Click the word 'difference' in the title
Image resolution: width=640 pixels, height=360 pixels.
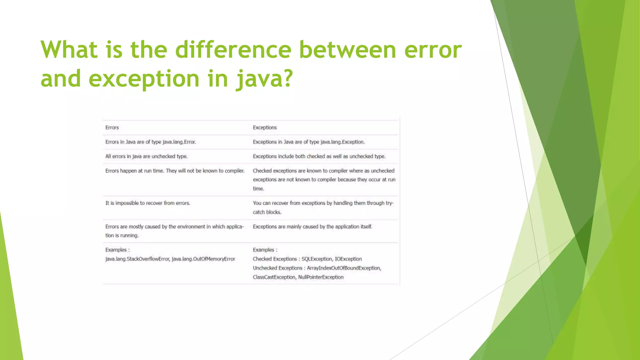click(233, 50)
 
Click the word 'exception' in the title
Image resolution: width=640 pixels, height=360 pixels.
click(144, 79)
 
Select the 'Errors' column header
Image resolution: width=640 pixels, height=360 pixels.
click(112, 127)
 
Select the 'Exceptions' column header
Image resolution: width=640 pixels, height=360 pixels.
click(265, 127)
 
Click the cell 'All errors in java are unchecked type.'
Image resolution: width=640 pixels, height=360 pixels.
click(146, 156)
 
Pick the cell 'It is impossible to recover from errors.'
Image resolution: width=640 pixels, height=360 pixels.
click(147, 203)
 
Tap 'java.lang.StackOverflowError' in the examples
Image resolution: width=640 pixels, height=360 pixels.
click(137, 259)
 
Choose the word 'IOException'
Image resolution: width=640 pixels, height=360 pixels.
click(348, 259)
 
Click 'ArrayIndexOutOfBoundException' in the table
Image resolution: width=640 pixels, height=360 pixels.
click(344, 268)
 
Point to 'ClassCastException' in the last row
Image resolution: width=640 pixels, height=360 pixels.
click(274, 277)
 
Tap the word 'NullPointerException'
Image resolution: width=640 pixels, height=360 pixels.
click(321, 277)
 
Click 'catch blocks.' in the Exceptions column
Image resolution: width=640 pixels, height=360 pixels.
click(267, 212)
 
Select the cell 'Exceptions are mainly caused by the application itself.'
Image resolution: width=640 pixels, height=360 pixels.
click(312, 227)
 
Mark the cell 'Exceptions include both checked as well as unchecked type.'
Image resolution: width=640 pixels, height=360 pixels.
click(319, 156)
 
